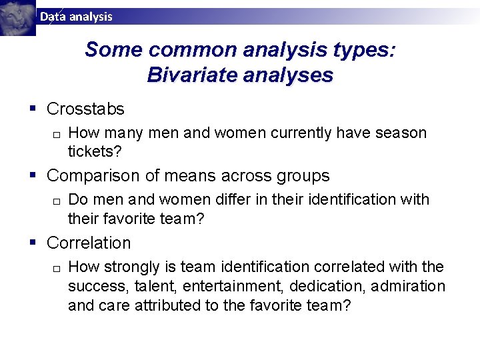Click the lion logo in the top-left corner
pyautogui.click(x=17, y=17)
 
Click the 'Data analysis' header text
pyautogui.click(x=76, y=17)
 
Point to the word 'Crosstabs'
pyautogui.click(x=85, y=109)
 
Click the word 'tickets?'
pyautogui.click(x=95, y=151)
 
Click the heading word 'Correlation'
pyautogui.click(x=89, y=243)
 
